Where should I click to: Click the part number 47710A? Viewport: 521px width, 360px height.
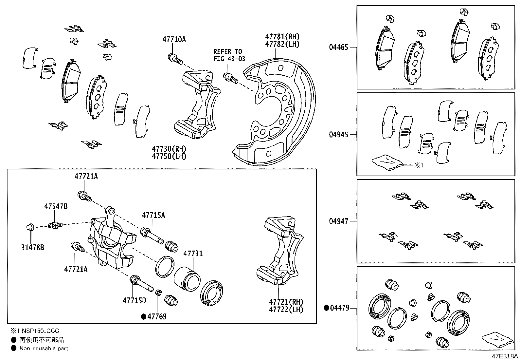coord(174,40)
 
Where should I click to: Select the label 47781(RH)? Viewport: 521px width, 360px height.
coord(282,37)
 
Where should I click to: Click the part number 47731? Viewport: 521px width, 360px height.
coord(193,253)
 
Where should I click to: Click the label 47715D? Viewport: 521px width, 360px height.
coord(135,300)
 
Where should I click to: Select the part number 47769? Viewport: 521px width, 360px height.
coord(156,316)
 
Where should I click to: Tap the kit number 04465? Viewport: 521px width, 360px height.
coord(339,47)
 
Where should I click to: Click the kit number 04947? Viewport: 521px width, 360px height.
coord(339,221)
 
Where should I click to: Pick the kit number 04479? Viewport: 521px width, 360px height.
coord(339,308)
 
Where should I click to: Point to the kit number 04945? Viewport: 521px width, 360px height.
coord(339,134)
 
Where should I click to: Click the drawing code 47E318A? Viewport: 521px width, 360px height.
coord(504,356)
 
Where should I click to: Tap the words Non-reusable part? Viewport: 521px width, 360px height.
coord(44,348)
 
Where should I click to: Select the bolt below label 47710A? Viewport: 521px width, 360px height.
coord(174,59)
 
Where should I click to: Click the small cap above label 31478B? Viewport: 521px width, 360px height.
coord(30,226)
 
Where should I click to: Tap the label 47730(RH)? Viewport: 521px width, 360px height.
coord(169,149)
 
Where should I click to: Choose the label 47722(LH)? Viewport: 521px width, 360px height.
coord(286,309)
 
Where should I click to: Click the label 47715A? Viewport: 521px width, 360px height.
coord(153,215)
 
